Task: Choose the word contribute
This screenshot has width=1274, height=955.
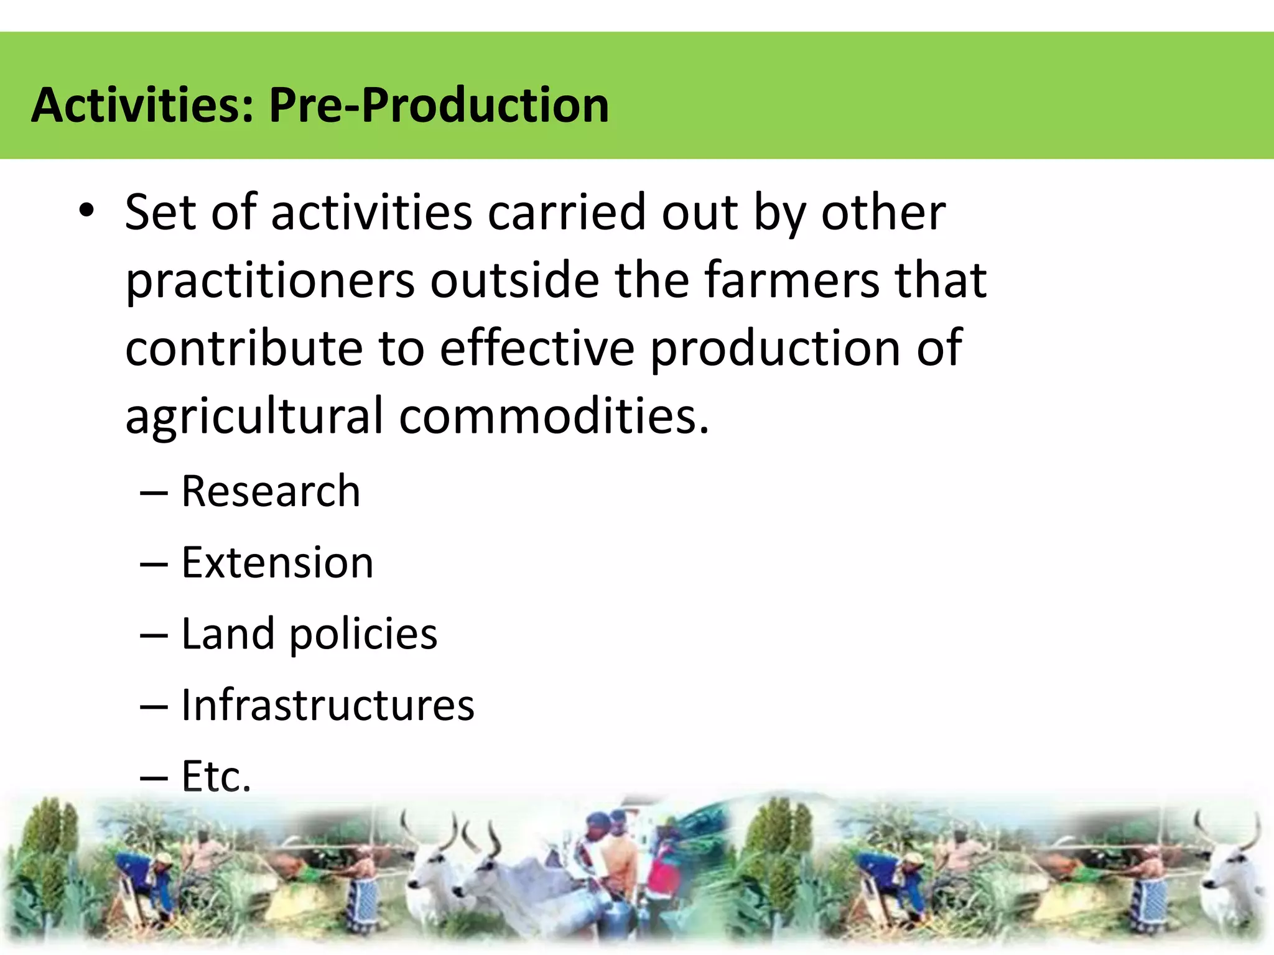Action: pos(244,348)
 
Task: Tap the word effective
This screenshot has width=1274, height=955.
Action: pos(537,348)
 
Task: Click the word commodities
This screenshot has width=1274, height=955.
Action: pos(554,415)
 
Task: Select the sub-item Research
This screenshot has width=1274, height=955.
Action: pos(271,491)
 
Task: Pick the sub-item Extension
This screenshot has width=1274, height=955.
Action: pos(277,563)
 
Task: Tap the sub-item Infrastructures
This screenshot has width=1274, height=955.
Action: pos(328,705)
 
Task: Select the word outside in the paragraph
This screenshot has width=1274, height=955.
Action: pos(514,280)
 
